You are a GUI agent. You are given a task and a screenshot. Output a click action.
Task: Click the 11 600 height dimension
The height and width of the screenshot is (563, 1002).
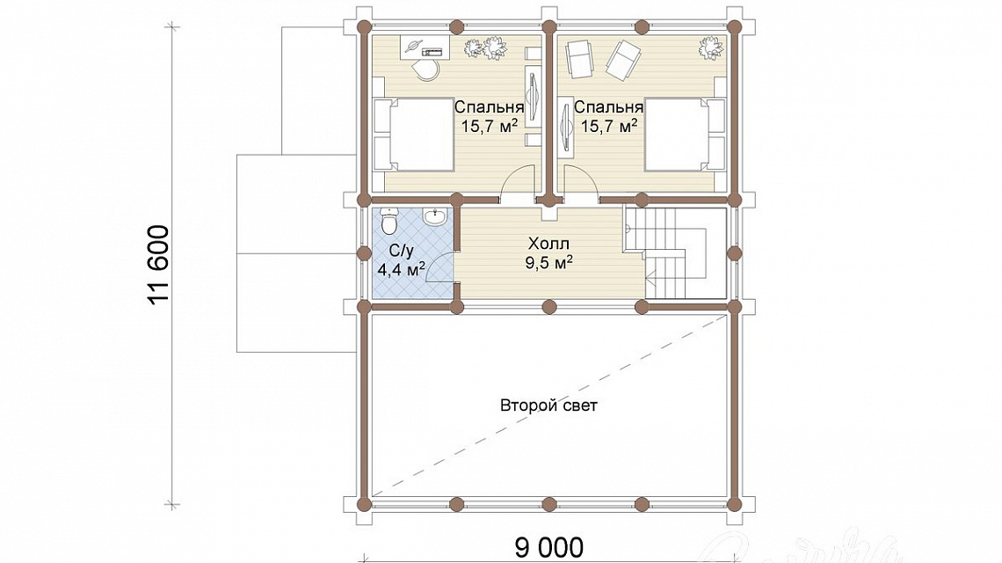[160, 264]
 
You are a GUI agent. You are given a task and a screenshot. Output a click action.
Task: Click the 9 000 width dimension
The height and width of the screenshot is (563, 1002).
[549, 548]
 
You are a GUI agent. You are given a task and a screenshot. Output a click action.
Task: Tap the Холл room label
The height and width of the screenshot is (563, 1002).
[548, 244]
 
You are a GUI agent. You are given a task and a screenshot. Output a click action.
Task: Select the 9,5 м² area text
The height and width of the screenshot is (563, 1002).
[548, 262]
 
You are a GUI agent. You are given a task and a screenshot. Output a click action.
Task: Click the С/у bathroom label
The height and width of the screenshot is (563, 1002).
[397, 251]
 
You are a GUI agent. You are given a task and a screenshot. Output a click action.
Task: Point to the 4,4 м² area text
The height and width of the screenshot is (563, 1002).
[402, 270]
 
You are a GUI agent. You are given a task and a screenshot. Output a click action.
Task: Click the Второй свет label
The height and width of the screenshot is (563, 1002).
[548, 406]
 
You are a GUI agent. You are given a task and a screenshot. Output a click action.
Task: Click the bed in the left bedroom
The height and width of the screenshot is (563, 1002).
[413, 135]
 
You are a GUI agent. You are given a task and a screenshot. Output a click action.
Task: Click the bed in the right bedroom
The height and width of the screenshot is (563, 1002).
[685, 135]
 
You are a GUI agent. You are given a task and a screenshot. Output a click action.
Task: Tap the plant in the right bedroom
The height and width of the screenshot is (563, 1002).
[710, 48]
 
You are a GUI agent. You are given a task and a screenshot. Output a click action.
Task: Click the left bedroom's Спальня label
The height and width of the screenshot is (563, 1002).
[489, 106]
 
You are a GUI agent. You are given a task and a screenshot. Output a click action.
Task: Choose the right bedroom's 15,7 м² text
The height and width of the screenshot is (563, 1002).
[608, 126]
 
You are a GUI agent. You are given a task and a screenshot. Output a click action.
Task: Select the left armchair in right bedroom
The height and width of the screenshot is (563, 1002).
[579, 58]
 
